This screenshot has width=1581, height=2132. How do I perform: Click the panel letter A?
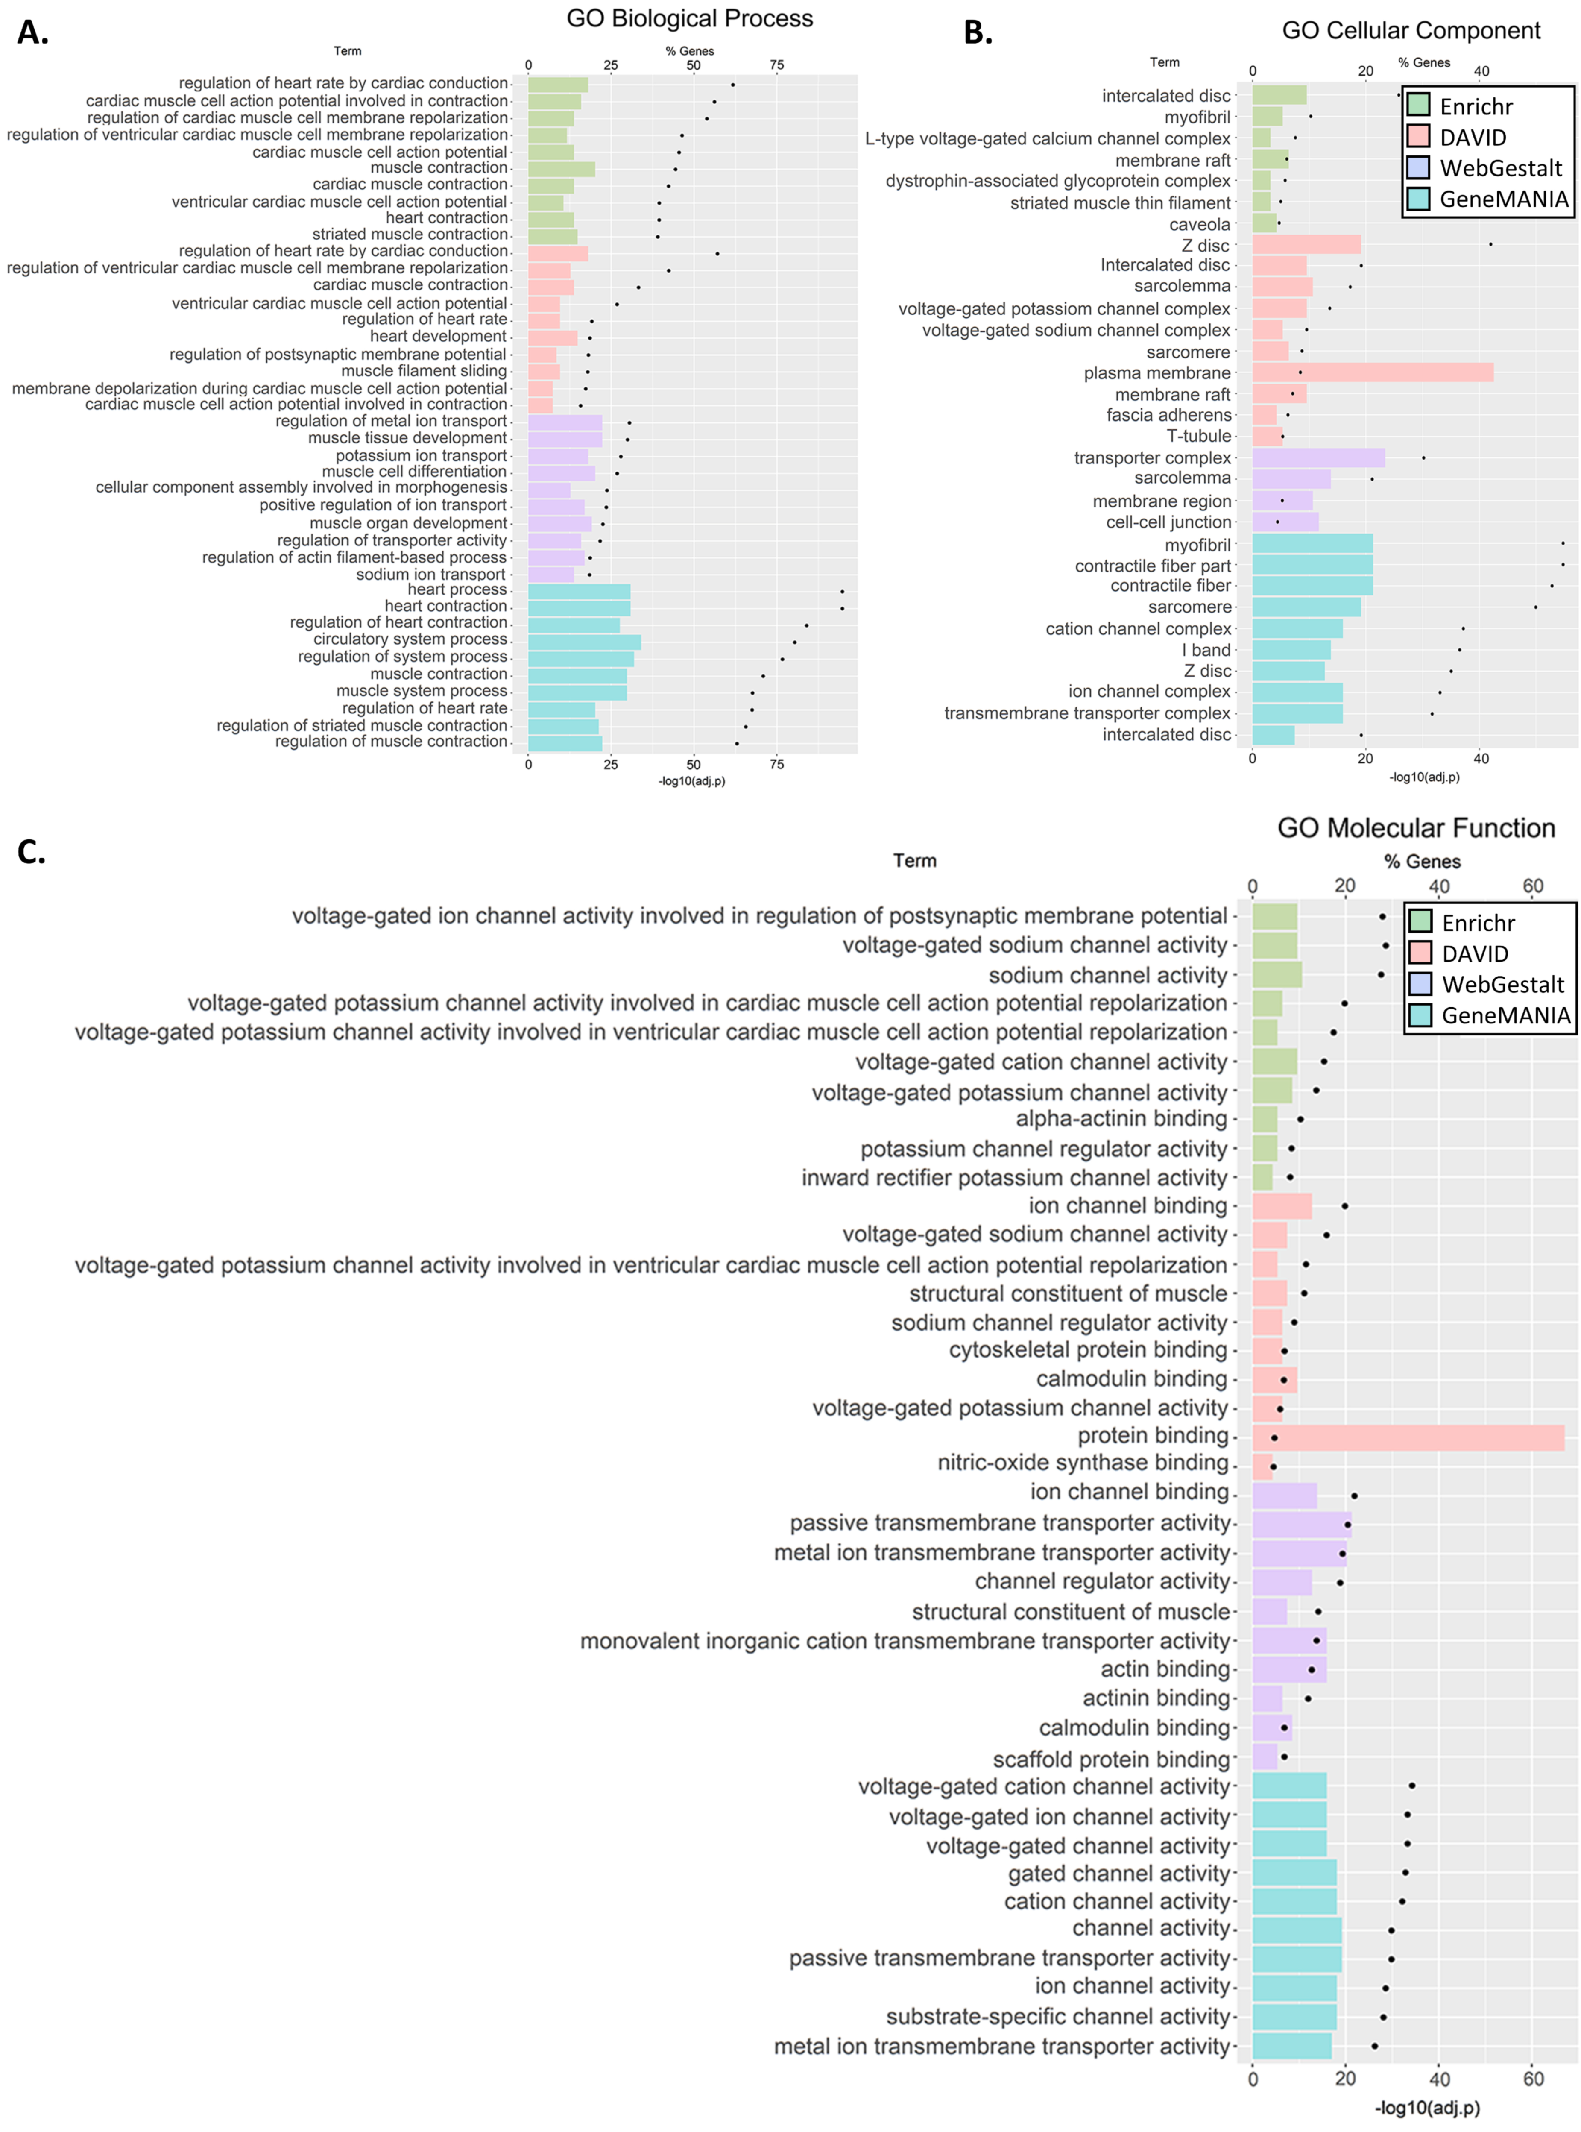click(x=32, y=32)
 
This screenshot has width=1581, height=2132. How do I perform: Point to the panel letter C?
click(x=32, y=851)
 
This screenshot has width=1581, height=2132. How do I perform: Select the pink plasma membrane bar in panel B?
click(x=1372, y=372)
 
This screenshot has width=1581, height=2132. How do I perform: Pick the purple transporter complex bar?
click(x=1318, y=457)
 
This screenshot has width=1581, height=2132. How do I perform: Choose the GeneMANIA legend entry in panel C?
click(x=1505, y=1016)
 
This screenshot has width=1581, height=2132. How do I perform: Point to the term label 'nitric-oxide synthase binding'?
click(x=1082, y=1463)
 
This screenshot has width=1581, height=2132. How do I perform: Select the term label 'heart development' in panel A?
click(x=438, y=336)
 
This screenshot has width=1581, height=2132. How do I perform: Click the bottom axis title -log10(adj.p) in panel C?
click(x=1427, y=2108)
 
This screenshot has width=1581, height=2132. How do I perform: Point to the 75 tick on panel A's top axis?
click(x=776, y=65)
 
